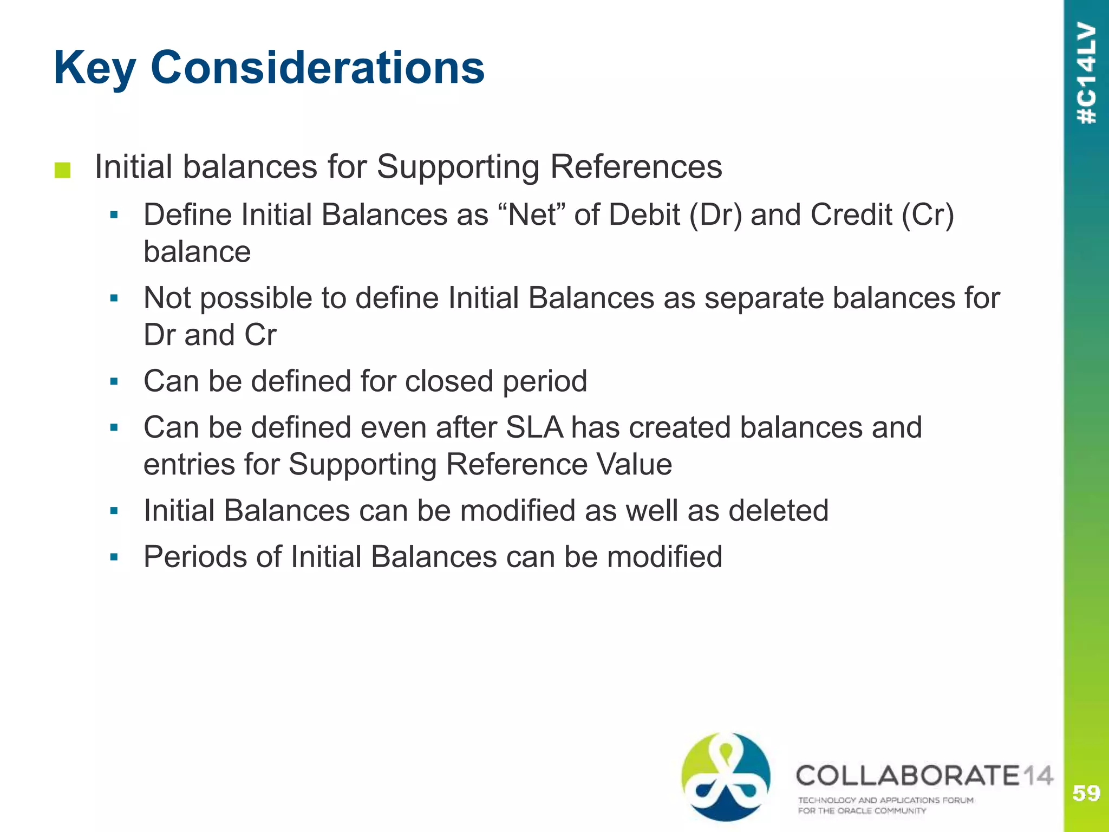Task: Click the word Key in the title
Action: point(95,68)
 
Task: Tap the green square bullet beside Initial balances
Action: point(62,170)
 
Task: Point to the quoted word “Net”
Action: point(531,214)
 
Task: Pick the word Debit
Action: point(644,214)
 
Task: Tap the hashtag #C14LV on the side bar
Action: point(1086,74)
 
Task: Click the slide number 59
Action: point(1086,793)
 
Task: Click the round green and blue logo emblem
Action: point(726,776)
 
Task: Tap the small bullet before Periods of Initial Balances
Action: point(114,557)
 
